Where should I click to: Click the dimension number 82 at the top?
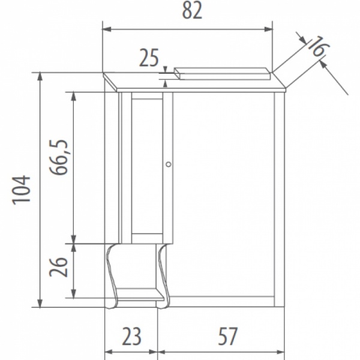[x=192, y=11]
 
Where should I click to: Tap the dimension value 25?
[x=149, y=58]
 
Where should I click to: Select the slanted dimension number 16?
[x=318, y=47]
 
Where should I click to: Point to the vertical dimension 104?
[x=22, y=190]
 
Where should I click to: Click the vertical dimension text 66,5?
[x=59, y=157]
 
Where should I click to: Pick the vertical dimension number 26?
[x=59, y=266]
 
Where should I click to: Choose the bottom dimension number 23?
[x=131, y=336]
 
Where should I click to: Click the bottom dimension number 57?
[x=228, y=336]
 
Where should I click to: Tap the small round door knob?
[x=168, y=164]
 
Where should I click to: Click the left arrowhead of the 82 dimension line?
[x=107, y=29]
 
